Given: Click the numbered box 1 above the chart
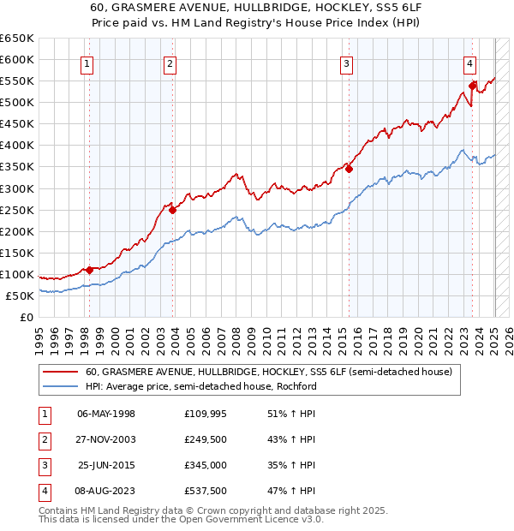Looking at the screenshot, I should pyautogui.click(x=89, y=63).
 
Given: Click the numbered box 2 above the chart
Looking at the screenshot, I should pyautogui.click(x=170, y=63).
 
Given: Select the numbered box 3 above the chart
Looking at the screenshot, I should pyautogui.click(x=346, y=63).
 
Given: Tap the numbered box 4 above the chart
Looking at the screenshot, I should pyautogui.click(x=470, y=63).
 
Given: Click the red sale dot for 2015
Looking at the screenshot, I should pyautogui.click(x=349, y=169).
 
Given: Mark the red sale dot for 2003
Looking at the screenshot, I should pyautogui.click(x=173, y=210).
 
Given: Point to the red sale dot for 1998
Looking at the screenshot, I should pyautogui.click(x=89, y=270).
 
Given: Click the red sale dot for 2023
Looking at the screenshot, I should pyautogui.click(x=472, y=86).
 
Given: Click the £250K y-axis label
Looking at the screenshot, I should pyautogui.click(x=17, y=210).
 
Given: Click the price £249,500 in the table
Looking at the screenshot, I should pyautogui.click(x=206, y=440).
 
